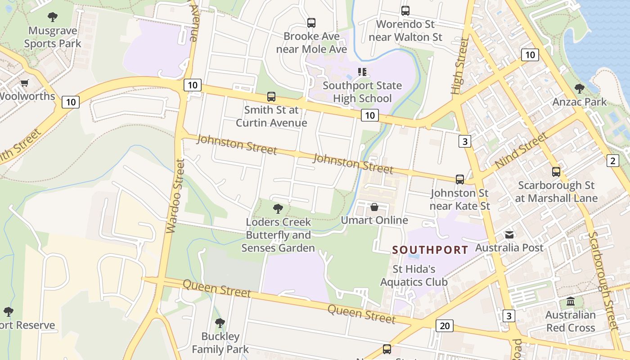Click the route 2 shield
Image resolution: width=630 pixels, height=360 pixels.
click(612, 160)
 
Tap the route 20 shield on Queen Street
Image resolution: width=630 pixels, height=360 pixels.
click(444, 325)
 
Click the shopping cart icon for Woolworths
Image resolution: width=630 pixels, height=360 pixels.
click(24, 83)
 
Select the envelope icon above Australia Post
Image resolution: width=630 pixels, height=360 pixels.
click(509, 234)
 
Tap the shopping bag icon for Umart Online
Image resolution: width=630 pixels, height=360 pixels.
click(374, 207)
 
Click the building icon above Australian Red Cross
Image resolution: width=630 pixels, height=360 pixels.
click(571, 301)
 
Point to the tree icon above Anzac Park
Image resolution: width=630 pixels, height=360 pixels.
click(580, 89)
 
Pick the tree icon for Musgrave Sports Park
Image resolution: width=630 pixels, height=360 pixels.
click(53, 18)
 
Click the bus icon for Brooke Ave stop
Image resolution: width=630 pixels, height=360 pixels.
click(311, 23)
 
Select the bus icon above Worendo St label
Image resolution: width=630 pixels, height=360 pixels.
click(405, 11)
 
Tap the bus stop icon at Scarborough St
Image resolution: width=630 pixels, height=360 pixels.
click(556, 171)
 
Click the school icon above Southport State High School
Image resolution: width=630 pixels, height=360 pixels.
click(362, 72)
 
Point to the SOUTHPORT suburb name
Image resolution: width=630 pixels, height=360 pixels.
click(430, 250)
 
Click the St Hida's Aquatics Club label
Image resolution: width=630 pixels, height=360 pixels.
click(414, 275)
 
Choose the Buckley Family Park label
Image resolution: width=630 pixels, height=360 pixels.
click(220, 342)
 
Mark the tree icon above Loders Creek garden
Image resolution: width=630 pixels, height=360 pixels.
click(278, 208)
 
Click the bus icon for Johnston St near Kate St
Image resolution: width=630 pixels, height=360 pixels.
click(459, 180)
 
